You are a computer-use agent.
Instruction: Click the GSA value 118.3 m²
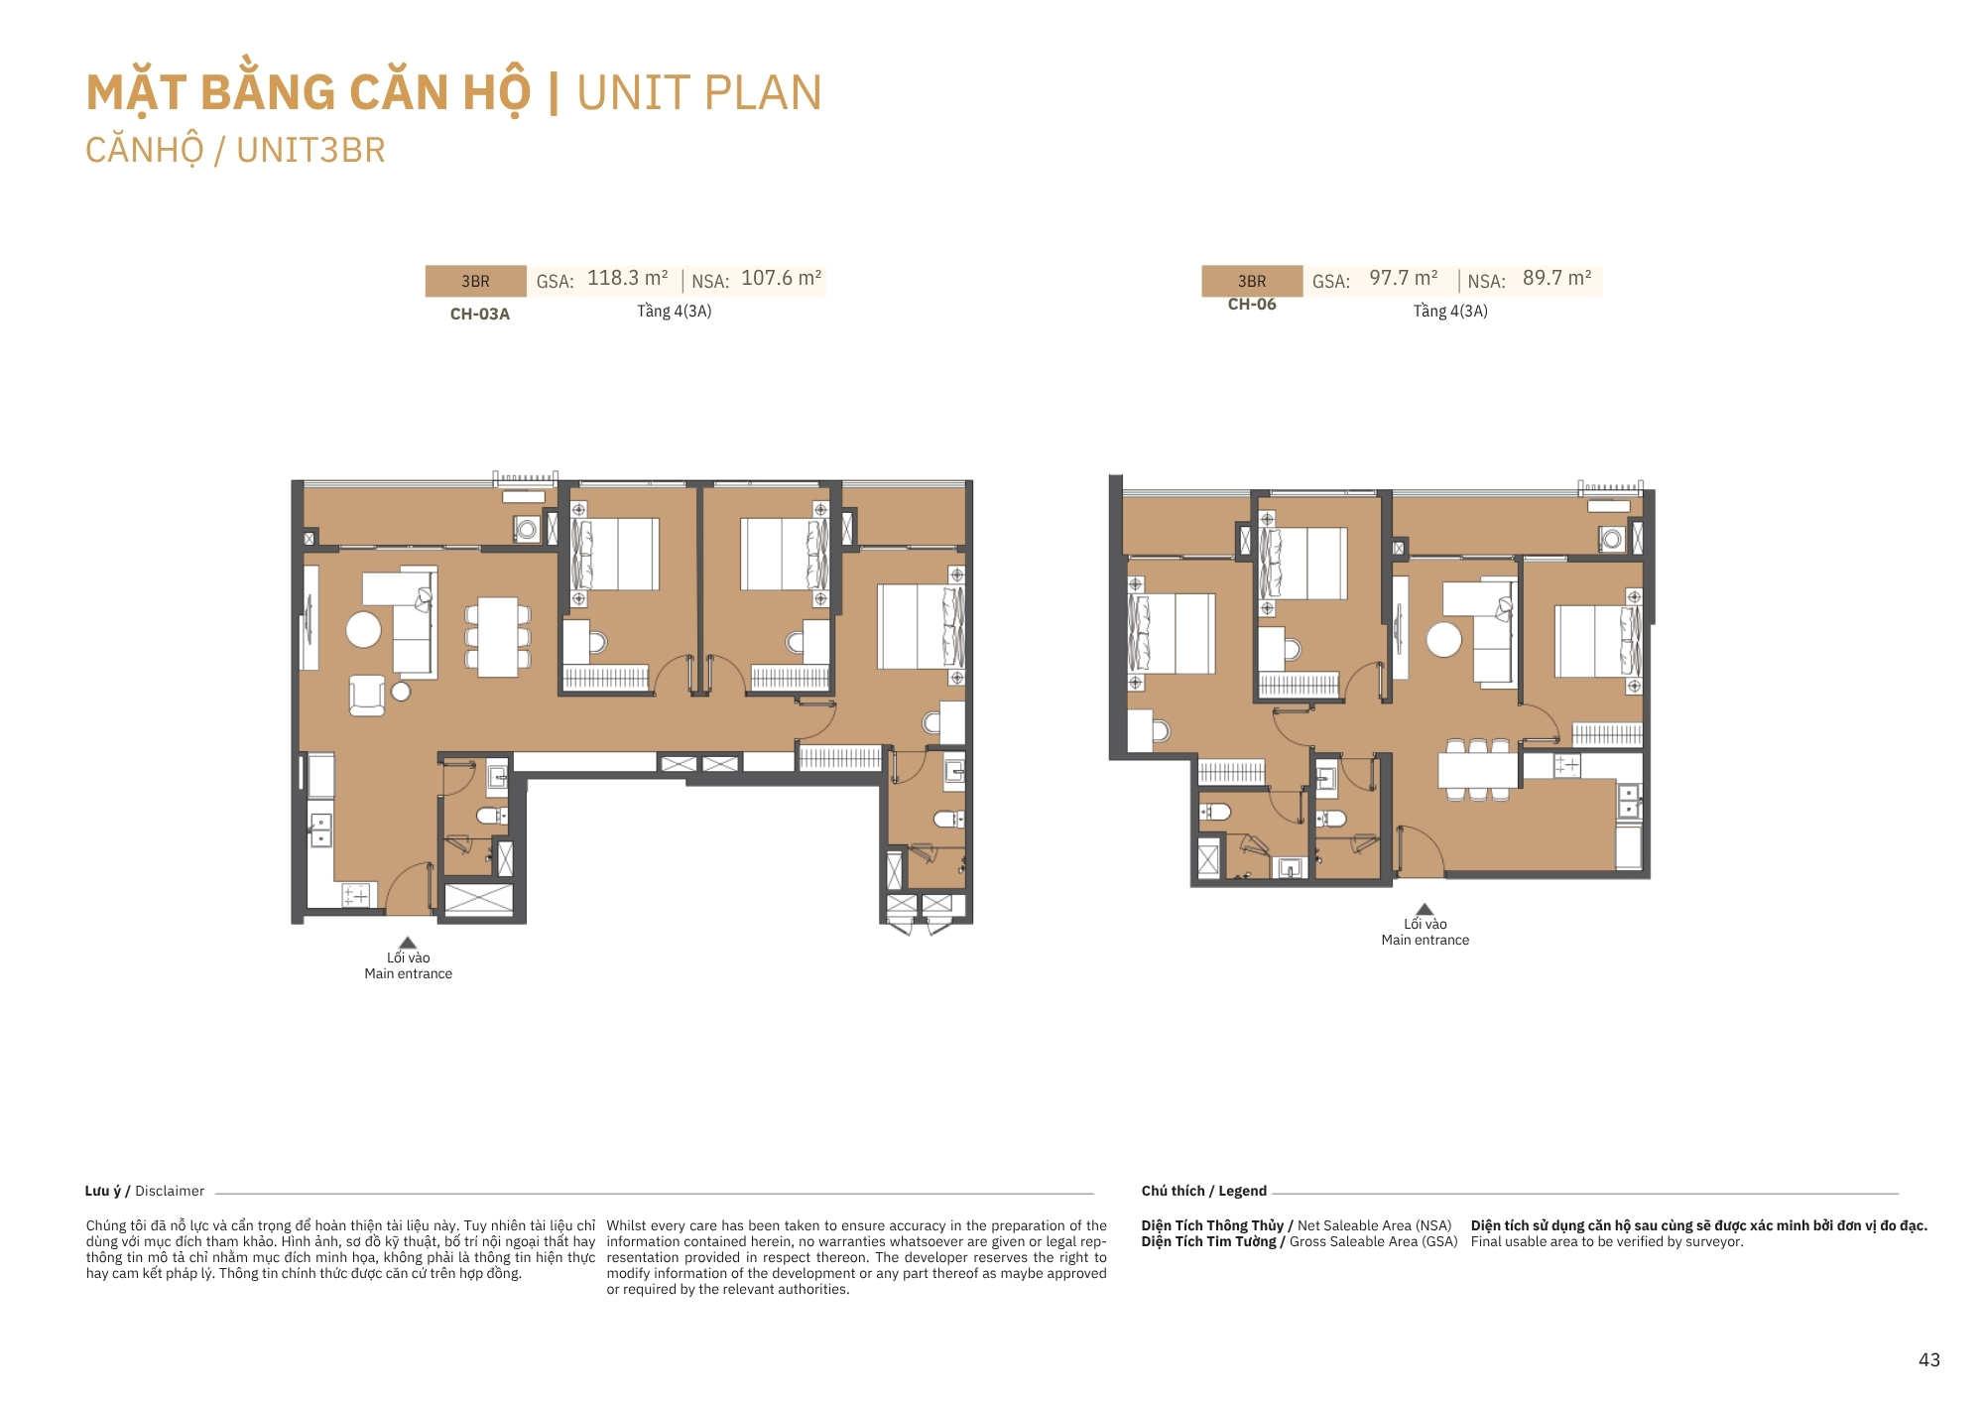[x=628, y=278]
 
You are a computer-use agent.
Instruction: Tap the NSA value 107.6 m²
[x=782, y=278]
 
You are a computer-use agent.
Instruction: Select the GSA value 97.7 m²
[x=1404, y=278]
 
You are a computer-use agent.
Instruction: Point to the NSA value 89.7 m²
[x=1557, y=278]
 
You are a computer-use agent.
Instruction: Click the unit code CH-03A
[x=480, y=314]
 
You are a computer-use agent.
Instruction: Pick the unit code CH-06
[x=1252, y=305]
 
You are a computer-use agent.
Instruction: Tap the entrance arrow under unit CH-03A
[x=408, y=943]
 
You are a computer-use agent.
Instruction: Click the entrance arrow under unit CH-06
[x=1425, y=909]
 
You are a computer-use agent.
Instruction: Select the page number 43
[x=1929, y=1360]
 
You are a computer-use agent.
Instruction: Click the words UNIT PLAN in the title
[x=699, y=93]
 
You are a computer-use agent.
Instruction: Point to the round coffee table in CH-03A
[x=364, y=629]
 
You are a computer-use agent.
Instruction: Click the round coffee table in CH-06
[x=1444, y=639]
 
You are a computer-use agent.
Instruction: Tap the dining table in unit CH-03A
[x=498, y=637]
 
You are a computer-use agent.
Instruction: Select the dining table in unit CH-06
[x=1478, y=769]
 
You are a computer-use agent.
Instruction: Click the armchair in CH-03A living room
[x=367, y=696]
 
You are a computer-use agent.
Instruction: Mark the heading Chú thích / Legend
[x=1204, y=1191]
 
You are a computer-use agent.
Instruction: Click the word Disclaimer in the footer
[x=170, y=1191]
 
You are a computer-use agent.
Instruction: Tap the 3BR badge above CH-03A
[x=475, y=281]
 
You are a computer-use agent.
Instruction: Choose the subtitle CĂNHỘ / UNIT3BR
[x=235, y=151]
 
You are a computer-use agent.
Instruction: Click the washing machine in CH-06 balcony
[x=1612, y=540]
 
